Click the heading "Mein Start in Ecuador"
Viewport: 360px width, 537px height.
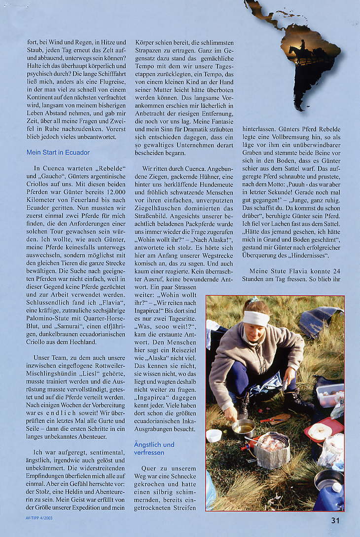click(58, 152)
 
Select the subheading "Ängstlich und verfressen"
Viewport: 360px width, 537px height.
click(154, 448)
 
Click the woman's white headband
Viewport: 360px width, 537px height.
click(256, 318)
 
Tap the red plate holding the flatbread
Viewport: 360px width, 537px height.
click(324, 428)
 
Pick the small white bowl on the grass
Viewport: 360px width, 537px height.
click(214, 435)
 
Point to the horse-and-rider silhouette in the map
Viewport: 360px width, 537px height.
click(302, 51)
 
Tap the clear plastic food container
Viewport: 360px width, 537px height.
click(330, 394)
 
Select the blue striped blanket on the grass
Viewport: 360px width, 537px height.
click(320, 319)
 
